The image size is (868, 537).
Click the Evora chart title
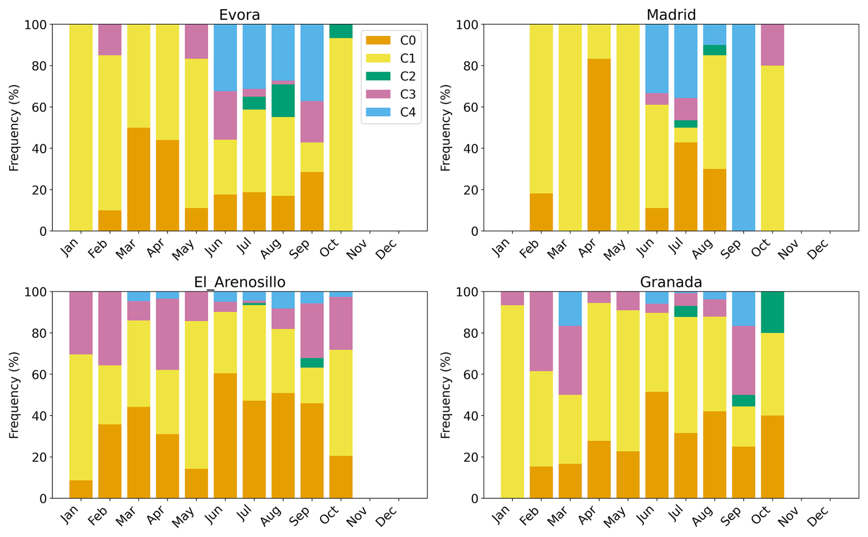click(x=239, y=15)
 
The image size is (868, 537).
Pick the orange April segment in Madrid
click(x=599, y=144)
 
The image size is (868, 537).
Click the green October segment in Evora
click(x=341, y=31)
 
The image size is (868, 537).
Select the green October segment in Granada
click(x=772, y=312)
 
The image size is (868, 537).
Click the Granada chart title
click(x=671, y=282)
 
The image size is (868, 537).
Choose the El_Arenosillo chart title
click(x=239, y=282)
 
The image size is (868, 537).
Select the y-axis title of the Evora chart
click(x=14, y=127)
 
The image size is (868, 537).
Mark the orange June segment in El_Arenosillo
click(x=225, y=436)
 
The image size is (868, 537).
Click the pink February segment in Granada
click(x=541, y=331)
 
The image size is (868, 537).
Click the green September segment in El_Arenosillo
click(x=312, y=363)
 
